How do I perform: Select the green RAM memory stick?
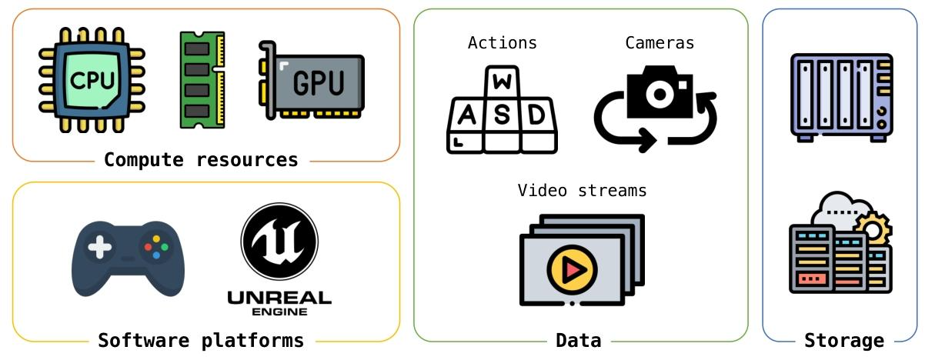202,79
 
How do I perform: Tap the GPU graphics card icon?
312,80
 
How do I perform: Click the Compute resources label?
201,160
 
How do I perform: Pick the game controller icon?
128,258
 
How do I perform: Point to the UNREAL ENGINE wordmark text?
279,302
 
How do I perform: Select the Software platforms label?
201,340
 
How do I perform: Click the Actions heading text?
502,43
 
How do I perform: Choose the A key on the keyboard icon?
466,115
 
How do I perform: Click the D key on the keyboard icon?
538,115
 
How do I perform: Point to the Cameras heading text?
660,43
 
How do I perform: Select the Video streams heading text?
582,190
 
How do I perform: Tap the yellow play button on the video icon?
572,269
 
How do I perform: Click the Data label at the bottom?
578,340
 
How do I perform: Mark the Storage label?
843,340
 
